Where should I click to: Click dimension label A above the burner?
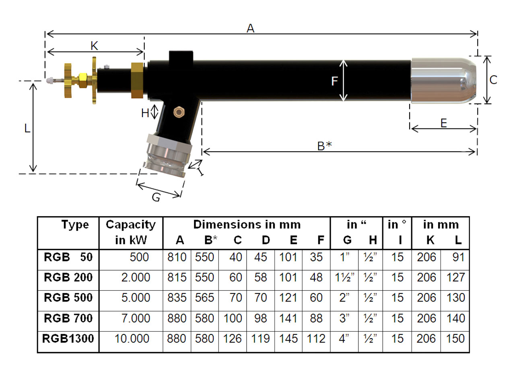click(250, 28)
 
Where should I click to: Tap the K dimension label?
click(94, 46)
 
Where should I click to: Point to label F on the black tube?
click(334, 81)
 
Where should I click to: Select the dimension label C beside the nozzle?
click(493, 80)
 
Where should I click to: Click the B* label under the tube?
click(324, 146)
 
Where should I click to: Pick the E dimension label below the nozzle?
click(443, 123)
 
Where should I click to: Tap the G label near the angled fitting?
click(156, 197)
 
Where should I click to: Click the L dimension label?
click(27, 129)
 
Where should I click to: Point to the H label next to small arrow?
click(145, 114)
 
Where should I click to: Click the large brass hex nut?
click(137, 81)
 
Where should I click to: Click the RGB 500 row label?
click(68, 298)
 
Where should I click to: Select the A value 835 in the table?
click(177, 298)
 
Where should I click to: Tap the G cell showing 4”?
click(344, 339)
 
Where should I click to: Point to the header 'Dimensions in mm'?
click(247, 225)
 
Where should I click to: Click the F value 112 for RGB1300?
click(316, 339)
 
